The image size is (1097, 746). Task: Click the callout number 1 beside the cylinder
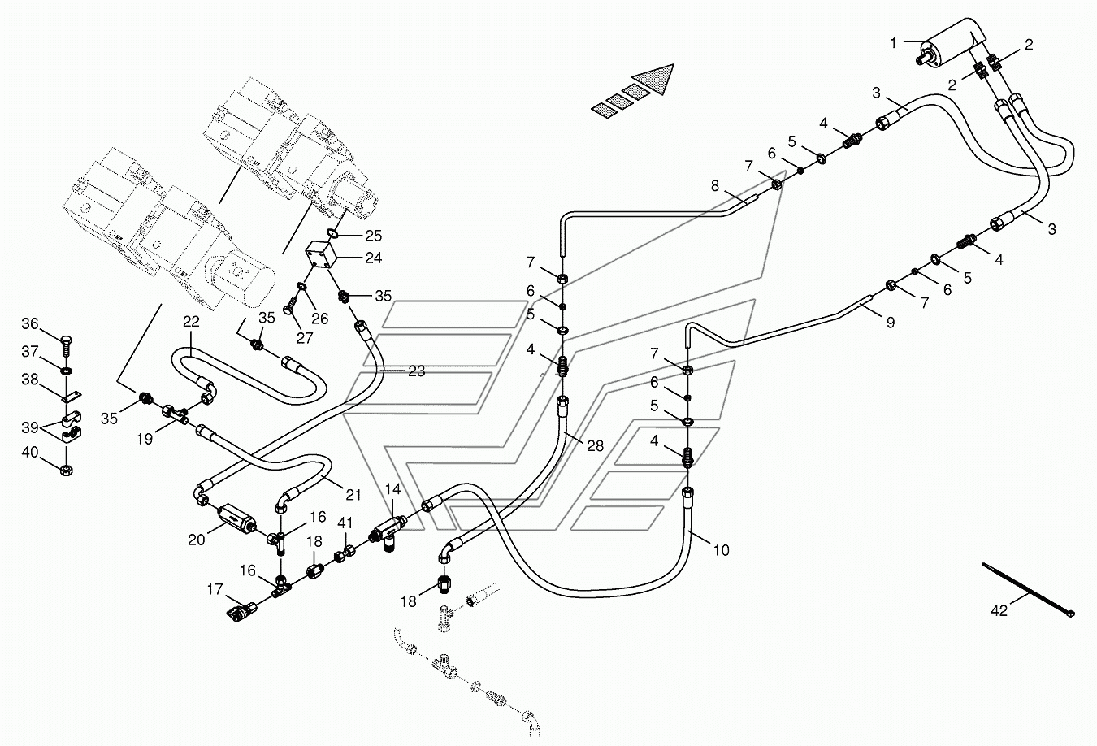coord(893,44)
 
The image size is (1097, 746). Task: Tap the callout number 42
coord(999,610)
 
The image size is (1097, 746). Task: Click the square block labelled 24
coord(319,256)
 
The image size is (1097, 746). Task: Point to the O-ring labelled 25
coord(332,232)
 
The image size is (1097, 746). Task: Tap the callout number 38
coord(30,380)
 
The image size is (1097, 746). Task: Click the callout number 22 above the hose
coord(191,321)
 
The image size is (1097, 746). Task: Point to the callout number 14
coord(392,489)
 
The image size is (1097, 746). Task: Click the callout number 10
coord(722,550)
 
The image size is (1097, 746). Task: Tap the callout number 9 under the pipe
coord(891,323)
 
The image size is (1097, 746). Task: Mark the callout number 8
coord(715,185)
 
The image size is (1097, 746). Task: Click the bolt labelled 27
coord(290,306)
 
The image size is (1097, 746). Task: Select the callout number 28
coord(595,445)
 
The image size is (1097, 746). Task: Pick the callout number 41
coord(345,523)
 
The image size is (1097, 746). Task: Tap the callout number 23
coord(416,371)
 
